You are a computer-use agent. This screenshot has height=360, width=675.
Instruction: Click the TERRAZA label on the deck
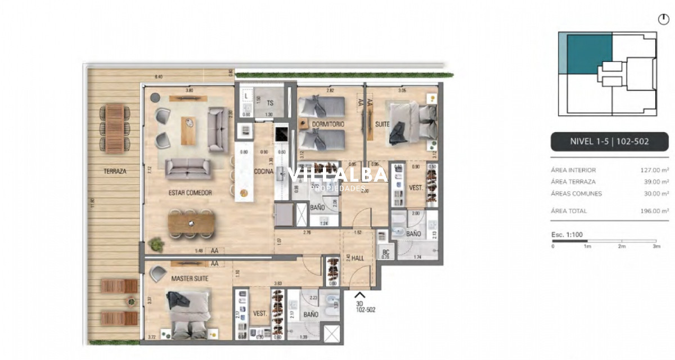coord(115,171)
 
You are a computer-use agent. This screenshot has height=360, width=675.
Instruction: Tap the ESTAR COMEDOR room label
coord(190,193)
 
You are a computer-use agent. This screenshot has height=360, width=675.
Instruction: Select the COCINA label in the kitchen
coord(263,172)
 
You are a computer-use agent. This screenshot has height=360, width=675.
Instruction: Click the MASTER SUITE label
coord(190,278)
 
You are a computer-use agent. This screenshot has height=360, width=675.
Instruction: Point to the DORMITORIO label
coord(328,124)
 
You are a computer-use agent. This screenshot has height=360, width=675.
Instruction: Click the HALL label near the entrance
coord(357,258)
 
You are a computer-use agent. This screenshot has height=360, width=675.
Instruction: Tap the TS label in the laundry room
coord(270,103)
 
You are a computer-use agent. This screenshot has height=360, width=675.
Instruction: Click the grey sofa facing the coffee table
coord(188,166)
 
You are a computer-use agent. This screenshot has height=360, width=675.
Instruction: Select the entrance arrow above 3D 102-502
coord(359,294)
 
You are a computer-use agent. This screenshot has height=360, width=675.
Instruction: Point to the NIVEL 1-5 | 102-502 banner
coord(609,142)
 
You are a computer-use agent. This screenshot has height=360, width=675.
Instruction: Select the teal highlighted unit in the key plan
coord(589,53)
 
